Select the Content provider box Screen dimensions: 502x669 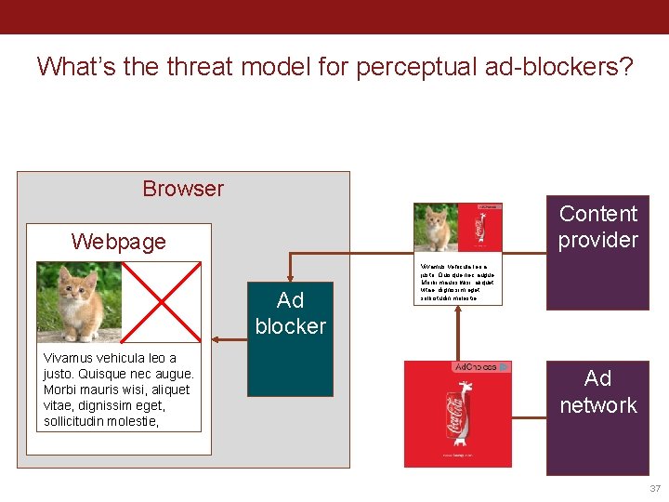pos(597,252)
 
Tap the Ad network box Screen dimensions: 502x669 pos(597,417)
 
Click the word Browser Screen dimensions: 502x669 pos(183,189)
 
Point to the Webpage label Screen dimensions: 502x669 pos(118,242)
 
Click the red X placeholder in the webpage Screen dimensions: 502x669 pos(164,302)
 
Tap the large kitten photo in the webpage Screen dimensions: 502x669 pos(79,302)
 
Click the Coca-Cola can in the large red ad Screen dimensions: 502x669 pos(459,418)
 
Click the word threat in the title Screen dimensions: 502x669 pos(192,67)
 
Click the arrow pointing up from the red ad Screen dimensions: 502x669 pos(458,335)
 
